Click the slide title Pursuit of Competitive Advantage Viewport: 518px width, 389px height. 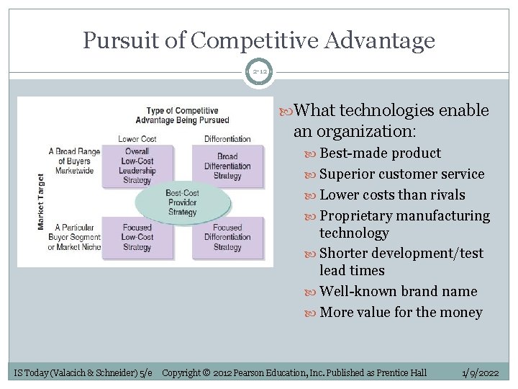(x=259, y=40)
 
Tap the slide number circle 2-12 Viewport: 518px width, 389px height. (x=259, y=72)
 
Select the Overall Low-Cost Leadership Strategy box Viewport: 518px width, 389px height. (x=137, y=166)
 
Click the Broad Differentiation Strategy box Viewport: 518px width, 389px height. (x=227, y=166)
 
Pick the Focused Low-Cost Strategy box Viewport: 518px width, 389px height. (x=137, y=237)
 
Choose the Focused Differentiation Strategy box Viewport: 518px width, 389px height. (x=227, y=237)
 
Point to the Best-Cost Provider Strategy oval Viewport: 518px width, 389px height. (x=182, y=202)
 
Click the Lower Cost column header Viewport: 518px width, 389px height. (x=137, y=138)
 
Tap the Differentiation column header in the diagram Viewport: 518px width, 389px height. (x=227, y=138)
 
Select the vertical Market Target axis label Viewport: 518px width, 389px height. (x=41, y=202)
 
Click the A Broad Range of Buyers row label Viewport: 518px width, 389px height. (x=74, y=161)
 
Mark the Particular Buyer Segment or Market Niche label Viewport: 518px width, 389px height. (x=74, y=238)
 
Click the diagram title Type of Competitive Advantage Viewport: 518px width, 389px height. (x=182, y=115)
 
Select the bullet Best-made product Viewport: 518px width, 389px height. (x=380, y=153)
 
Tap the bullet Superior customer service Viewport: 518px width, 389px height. (x=401, y=174)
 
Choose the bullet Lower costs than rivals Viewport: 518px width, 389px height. (x=392, y=194)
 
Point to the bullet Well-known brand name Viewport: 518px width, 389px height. (x=398, y=291)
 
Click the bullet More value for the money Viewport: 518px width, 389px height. (x=401, y=312)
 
